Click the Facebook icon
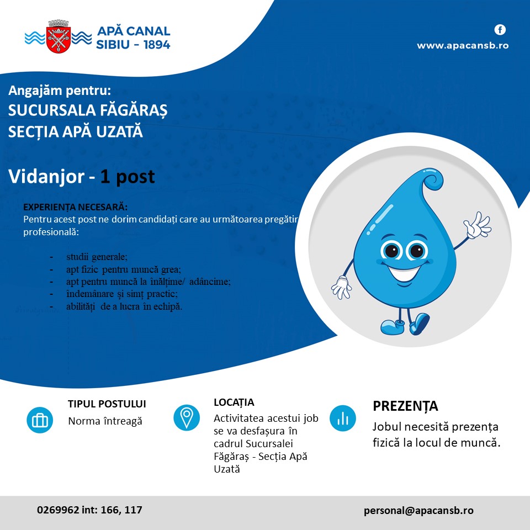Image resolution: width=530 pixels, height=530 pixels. (500, 30)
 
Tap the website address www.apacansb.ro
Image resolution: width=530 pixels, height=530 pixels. (462, 46)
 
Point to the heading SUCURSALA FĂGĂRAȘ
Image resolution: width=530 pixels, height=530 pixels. (88, 110)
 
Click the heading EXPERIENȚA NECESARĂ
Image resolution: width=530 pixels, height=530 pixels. (75, 208)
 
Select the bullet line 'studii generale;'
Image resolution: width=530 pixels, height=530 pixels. (97, 257)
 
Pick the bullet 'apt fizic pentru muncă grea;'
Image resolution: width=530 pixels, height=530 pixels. (123, 269)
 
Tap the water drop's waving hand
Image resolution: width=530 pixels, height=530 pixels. (477, 225)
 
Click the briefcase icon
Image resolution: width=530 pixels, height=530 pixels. (40, 420)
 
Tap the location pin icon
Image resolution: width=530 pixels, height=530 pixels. (187, 417)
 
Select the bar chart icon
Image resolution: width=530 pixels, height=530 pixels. (343, 417)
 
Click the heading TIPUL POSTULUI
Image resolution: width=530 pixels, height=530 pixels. (107, 404)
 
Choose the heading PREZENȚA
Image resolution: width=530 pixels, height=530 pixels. (405, 406)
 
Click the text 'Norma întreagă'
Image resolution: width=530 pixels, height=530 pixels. (105, 421)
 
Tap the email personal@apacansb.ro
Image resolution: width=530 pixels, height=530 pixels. (418, 511)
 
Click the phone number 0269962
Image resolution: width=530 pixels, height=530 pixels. (57, 510)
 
